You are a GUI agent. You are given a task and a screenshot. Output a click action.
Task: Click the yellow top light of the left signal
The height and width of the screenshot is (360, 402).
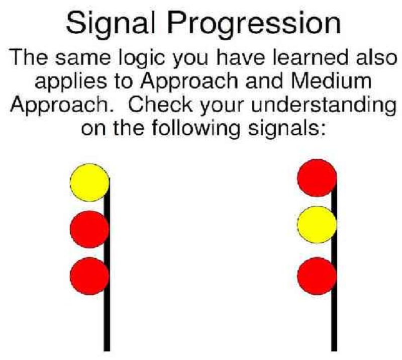[90, 183]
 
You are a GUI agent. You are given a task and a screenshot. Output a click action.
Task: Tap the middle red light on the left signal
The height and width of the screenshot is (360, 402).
[90, 229]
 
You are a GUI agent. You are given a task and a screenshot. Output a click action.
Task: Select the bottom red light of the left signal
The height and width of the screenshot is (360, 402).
[90, 276]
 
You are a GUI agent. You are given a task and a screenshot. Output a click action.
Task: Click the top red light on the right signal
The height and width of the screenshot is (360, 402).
[317, 178]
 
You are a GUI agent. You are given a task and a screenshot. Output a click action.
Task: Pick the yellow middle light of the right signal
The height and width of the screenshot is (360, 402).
[317, 225]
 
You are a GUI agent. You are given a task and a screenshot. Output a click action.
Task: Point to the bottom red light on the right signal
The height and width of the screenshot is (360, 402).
[317, 276]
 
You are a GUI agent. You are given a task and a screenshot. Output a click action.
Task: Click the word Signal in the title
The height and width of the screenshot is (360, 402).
[111, 24]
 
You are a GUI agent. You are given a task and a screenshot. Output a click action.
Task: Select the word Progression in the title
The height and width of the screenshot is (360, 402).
[254, 24]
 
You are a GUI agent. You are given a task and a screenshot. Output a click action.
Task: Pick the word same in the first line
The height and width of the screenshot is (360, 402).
[82, 59]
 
